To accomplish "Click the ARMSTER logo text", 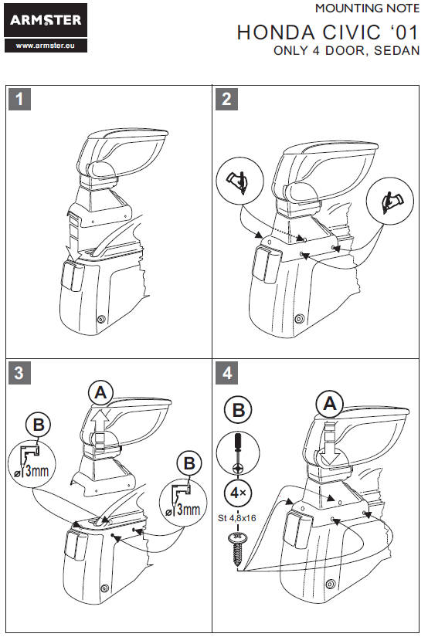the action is (46, 19).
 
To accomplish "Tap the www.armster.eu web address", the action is (46, 46).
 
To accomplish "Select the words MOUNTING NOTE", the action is (368, 8).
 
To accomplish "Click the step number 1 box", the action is (19, 99).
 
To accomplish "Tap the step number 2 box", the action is (226, 99).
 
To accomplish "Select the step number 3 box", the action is (19, 373).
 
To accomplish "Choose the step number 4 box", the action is (226, 373).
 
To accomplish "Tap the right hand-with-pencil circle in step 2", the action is (390, 201).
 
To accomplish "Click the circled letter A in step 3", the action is (100, 393).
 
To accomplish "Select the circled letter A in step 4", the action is (330, 405).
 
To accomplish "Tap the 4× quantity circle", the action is (238, 493).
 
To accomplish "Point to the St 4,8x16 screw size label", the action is (237, 518).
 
